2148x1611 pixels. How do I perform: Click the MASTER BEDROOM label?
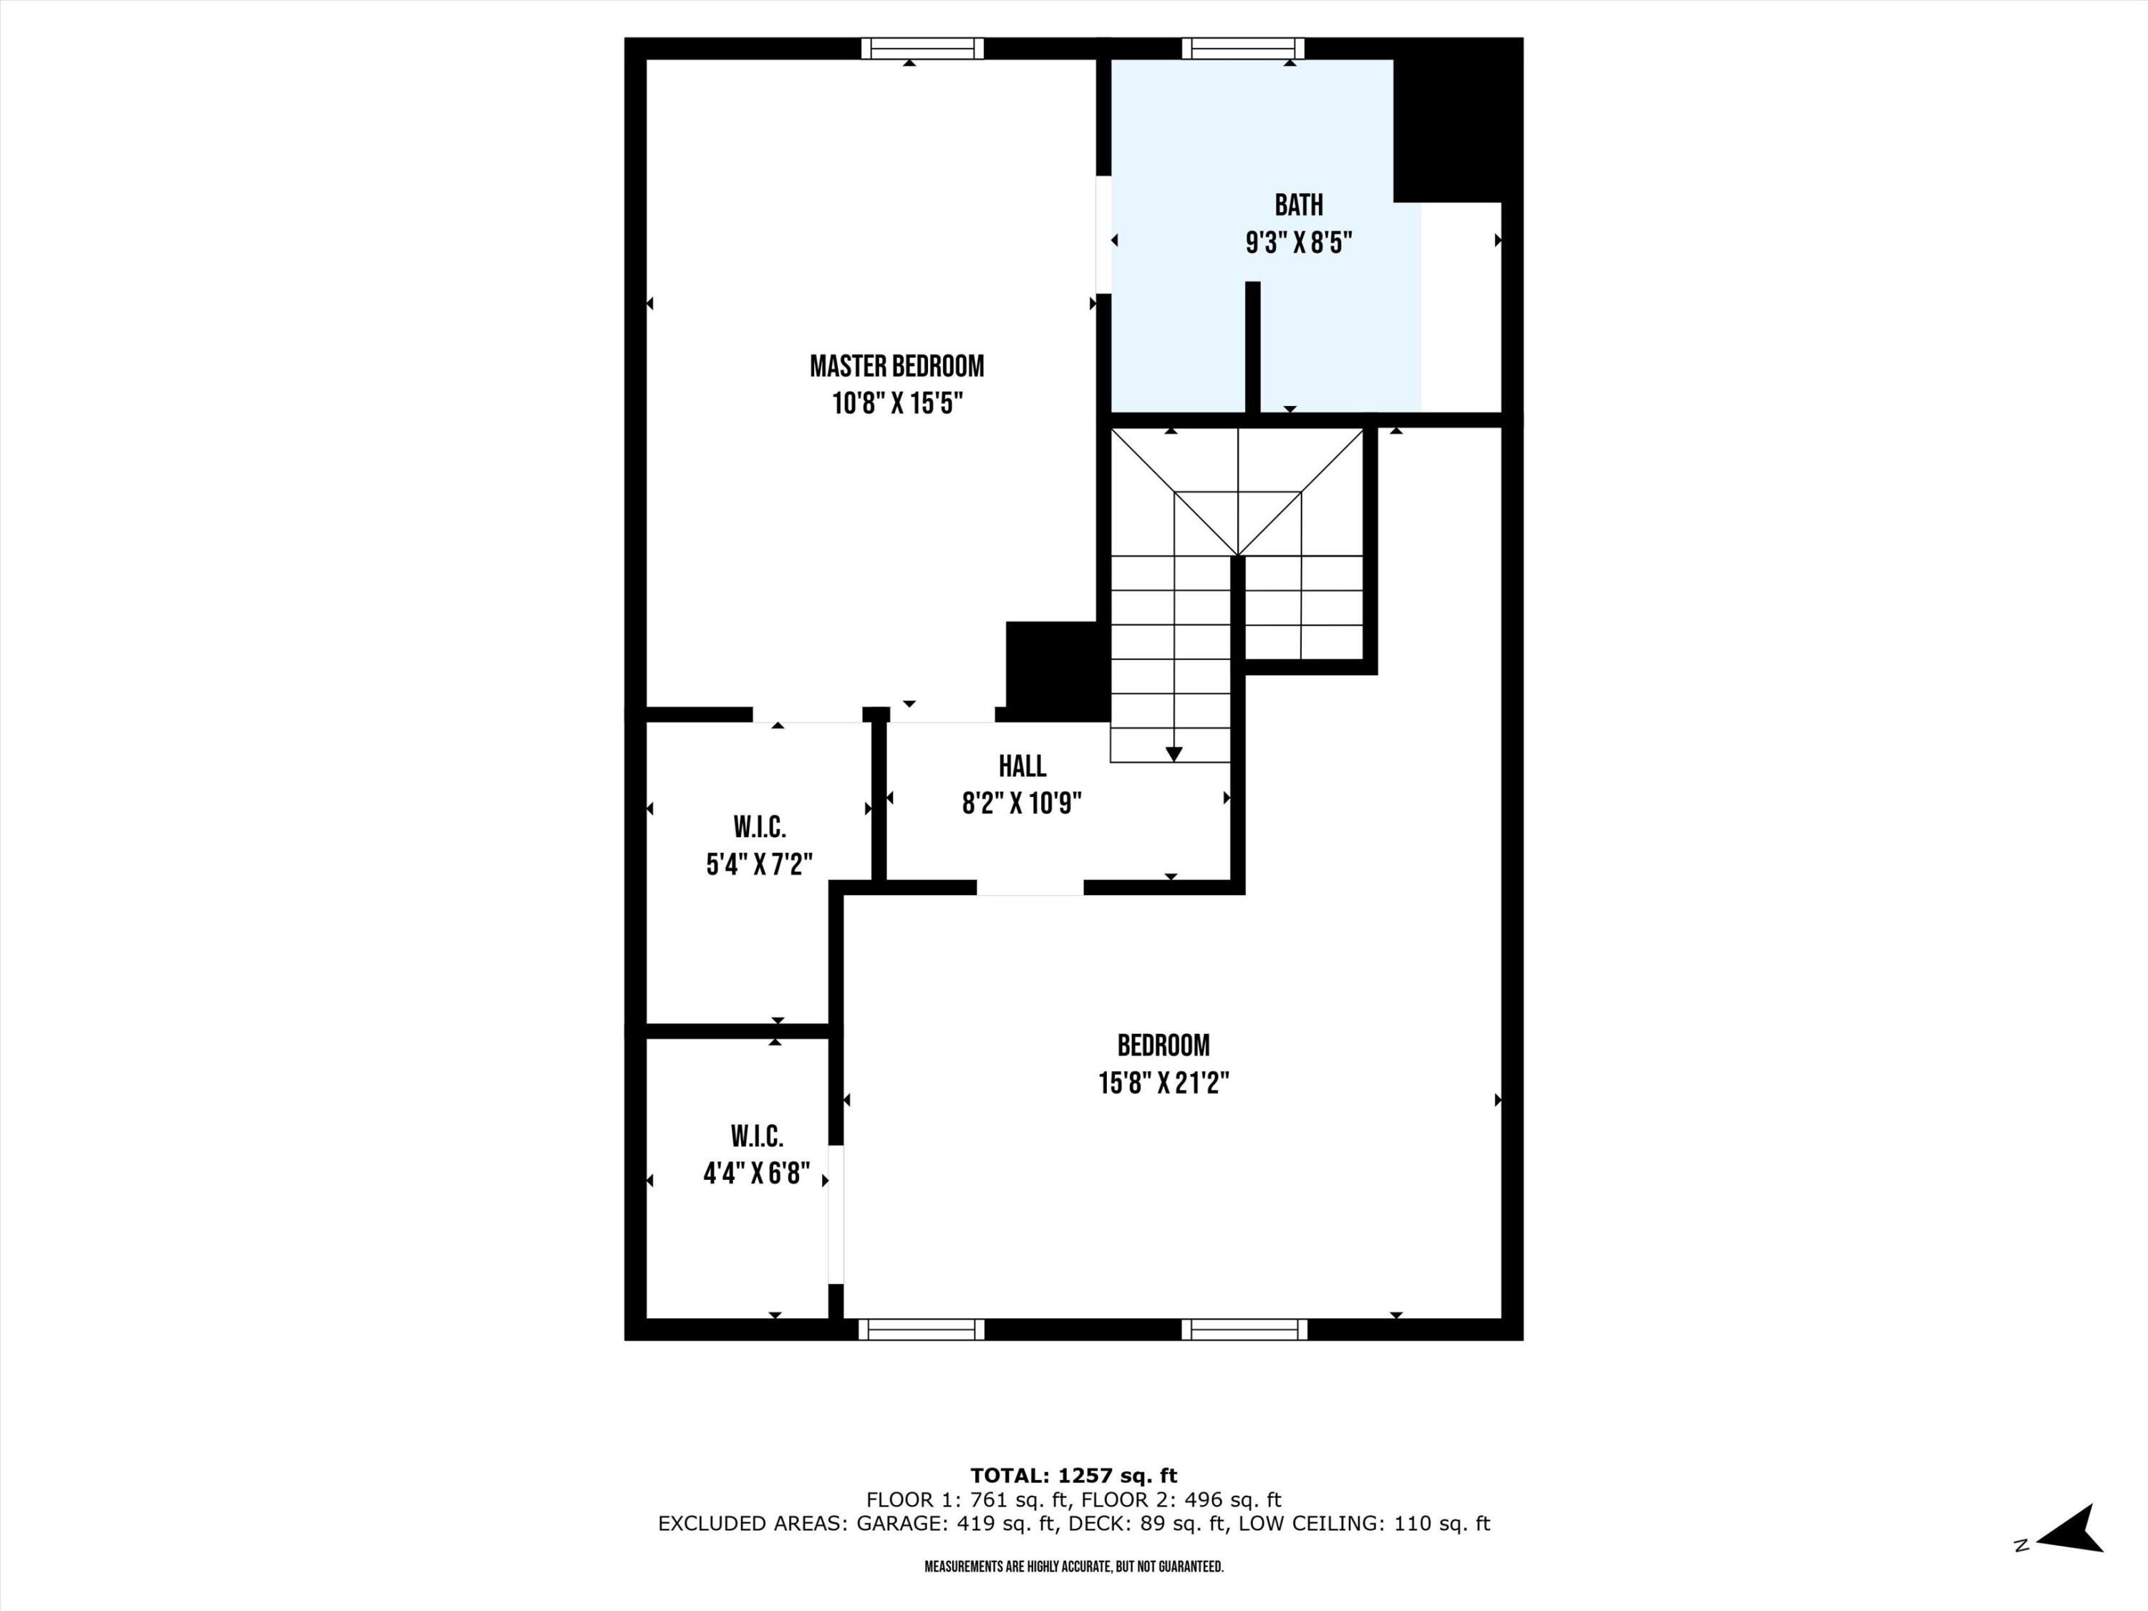pos(896,366)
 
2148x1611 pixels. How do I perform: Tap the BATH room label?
pos(1298,205)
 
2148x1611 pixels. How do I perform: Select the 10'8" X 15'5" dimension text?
pos(896,403)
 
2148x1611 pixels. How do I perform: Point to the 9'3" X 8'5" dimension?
pos(1298,243)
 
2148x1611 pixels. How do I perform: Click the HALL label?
pos(1022,766)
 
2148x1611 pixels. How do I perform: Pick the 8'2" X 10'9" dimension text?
pos(1022,803)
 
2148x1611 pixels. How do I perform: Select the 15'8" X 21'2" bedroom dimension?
pos(1163,1083)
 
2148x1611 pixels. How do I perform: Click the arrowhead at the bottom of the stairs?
pos(1173,753)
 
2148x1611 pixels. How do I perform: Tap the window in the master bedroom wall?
pos(921,49)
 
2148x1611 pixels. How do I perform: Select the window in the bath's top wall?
pos(1242,49)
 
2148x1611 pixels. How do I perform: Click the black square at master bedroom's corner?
pos(1055,670)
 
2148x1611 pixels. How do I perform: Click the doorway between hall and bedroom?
pos(1030,888)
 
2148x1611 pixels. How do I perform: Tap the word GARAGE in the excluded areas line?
pos(900,1524)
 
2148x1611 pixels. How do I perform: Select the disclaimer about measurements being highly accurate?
pos(1073,1567)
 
